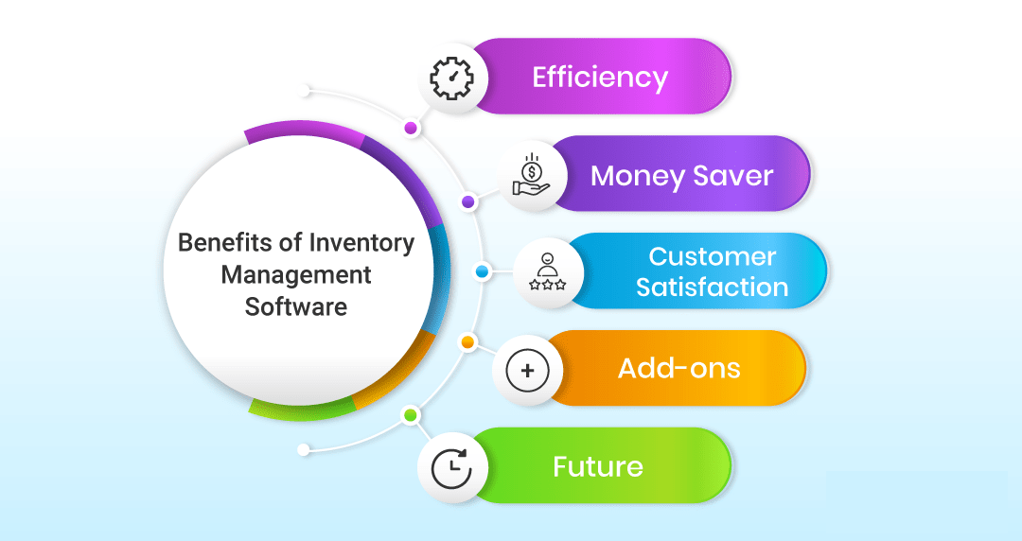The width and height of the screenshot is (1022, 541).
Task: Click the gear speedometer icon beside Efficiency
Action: [451, 79]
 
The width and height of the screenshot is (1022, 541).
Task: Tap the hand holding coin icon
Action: [531, 175]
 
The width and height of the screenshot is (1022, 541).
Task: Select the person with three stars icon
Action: [548, 271]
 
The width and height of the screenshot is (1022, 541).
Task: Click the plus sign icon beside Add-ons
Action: [528, 371]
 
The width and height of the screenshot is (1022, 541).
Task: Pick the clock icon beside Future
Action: [451, 467]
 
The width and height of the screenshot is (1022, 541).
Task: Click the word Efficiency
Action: [600, 78]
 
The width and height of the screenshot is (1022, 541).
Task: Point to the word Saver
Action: [732, 176]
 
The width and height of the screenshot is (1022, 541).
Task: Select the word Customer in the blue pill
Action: [712, 257]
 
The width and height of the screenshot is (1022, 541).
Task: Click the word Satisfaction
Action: [712, 287]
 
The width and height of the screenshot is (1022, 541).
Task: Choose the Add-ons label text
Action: [679, 368]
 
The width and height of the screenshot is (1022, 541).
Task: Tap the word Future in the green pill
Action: [598, 466]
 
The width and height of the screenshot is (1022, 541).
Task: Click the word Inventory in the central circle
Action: [361, 243]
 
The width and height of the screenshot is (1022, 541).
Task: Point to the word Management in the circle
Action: [296, 276]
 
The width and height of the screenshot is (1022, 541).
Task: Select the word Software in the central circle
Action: [296, 306]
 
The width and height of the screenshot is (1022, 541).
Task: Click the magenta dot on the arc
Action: [411, 128]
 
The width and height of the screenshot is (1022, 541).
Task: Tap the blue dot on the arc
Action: [482, 271]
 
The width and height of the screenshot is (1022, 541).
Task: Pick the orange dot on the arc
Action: [467, 342]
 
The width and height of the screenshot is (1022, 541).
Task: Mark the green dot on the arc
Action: [410, 414]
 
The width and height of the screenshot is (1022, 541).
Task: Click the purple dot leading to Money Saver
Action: [467, 201]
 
